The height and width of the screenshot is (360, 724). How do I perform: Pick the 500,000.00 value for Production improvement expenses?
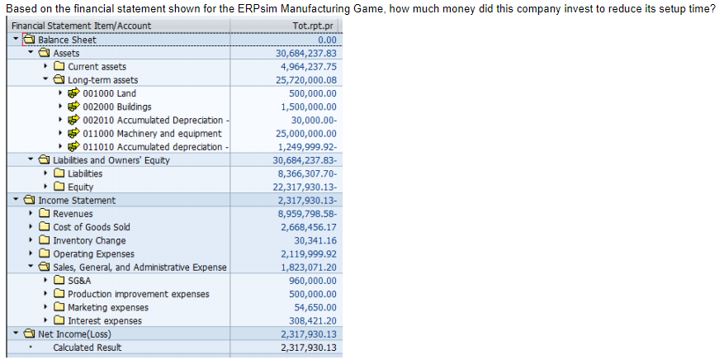(x=309, y=294)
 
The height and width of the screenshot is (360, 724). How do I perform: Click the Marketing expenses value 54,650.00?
(x=313, y=307)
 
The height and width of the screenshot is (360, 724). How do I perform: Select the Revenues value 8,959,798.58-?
(x=306, y=214)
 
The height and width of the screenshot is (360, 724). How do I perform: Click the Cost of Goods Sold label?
(x=92, y=227)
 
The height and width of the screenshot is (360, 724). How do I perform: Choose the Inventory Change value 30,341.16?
(x=313, y=240)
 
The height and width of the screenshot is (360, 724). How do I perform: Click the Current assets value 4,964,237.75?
(x=308, y=67)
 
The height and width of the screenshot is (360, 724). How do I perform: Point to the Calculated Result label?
(x=88, y=348)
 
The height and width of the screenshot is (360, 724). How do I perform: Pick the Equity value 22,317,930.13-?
(x=305, y=187)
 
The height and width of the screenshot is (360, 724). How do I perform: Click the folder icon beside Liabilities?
(x=59, y=173)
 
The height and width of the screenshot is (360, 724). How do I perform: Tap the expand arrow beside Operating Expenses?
(x=31, y=254)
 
